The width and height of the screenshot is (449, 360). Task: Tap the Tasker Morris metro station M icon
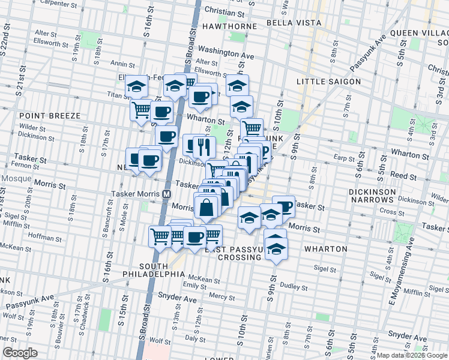coord(166,194)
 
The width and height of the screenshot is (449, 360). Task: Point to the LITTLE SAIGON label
coord(329,82)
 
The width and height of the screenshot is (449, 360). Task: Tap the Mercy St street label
coord(222,296)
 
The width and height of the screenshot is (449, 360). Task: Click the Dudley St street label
coord(294,286)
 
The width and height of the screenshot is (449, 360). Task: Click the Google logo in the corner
coord(20,353)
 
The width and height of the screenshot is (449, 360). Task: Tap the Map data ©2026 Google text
coord(412,355)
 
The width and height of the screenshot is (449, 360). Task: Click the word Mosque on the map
coord(13,179)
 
